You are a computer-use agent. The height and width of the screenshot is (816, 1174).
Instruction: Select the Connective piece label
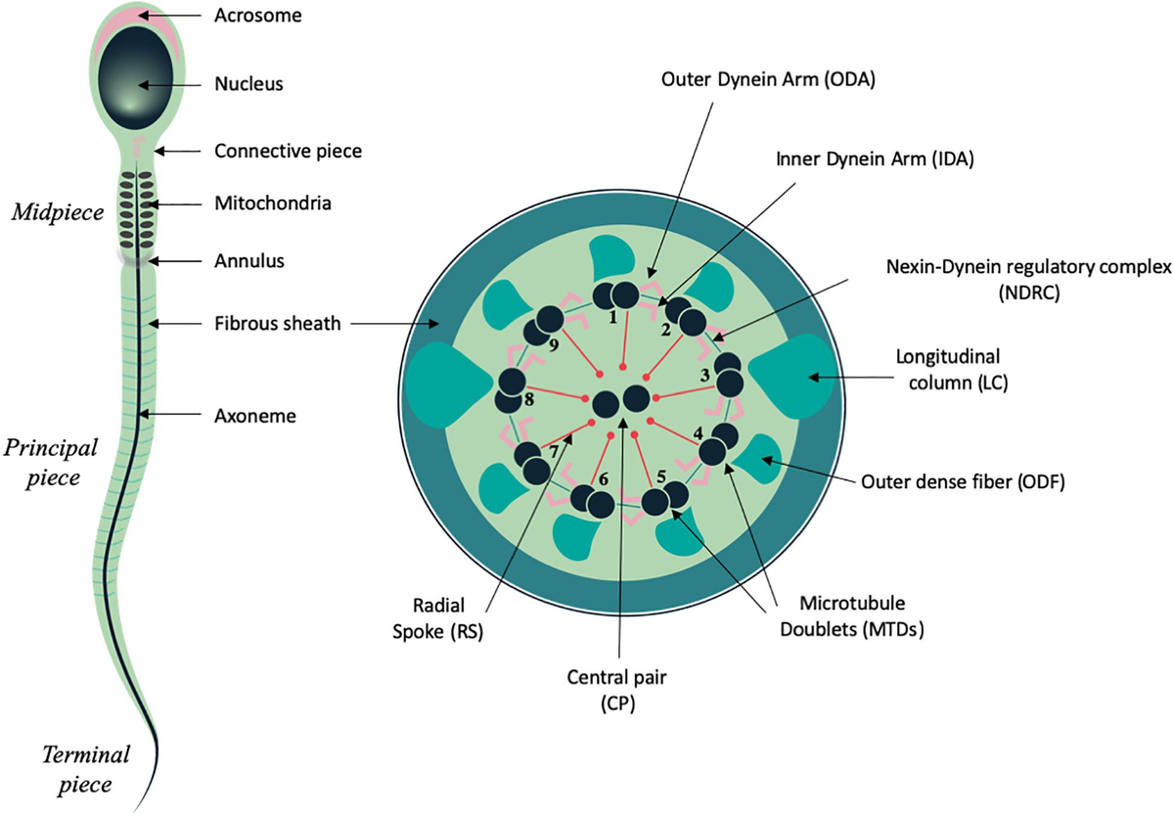tap(275, 152)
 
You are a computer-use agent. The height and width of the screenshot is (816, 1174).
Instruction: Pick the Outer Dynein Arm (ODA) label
tap(766, 81)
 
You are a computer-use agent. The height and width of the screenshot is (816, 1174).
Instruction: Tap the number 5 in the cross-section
tap(662, 476)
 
